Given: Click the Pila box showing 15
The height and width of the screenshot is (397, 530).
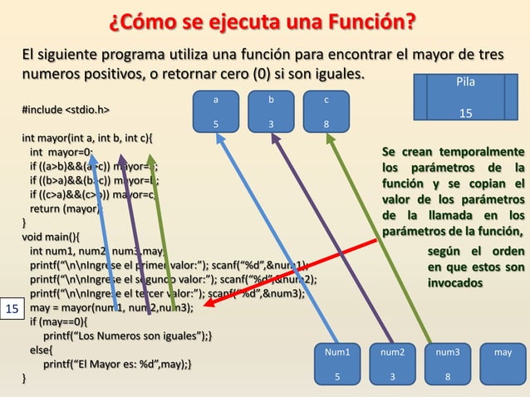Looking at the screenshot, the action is coord(466,98).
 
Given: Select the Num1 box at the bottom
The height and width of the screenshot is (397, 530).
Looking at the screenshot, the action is coord(337,365).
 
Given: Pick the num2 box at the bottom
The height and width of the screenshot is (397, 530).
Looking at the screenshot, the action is coord(393,365).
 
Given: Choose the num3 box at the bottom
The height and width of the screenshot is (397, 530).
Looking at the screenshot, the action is coord(448,365).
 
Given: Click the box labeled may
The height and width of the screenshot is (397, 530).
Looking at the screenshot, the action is coord(503,365).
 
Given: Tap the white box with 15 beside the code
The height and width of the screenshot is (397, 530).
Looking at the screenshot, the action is coord(12,309).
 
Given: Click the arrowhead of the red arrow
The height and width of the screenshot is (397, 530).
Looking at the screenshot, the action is coord(208,304).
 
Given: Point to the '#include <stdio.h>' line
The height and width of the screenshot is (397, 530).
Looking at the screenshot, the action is coord(66,109).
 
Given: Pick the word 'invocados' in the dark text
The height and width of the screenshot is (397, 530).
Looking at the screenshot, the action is coord(454,282).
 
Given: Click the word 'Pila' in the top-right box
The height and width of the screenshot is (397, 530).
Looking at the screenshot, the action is coord(466,83).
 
